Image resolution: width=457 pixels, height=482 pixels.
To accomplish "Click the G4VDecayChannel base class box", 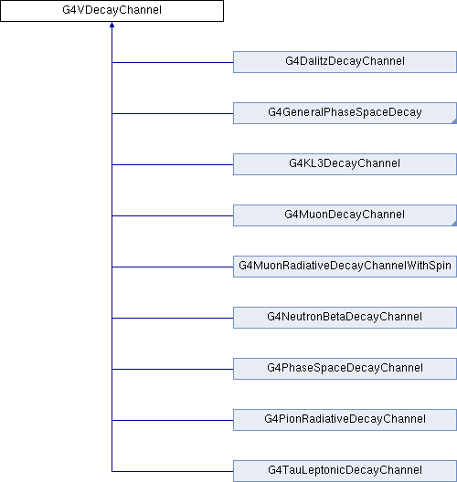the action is [x=112, y=11].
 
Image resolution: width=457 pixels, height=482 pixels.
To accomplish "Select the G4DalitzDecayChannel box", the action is [x=345, y=62].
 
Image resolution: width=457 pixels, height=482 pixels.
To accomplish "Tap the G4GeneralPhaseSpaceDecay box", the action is [x=345, y=113].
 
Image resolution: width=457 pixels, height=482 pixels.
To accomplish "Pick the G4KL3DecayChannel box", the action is [x=345, y=164].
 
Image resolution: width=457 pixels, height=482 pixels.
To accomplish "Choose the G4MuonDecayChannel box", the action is [x=345, y=215].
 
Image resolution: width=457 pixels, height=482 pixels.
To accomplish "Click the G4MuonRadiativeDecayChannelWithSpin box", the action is [x=345, y=267].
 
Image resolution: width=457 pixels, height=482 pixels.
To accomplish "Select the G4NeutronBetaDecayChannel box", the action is [x=345, y=318].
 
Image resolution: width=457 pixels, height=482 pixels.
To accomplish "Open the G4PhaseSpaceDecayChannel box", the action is [x=345, y=369].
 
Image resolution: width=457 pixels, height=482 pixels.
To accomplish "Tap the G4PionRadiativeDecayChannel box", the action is [x=345, y=420].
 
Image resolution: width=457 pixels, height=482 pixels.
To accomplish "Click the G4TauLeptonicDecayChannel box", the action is [x=345, y=471].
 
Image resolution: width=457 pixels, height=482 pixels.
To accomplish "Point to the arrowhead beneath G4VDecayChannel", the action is [x=112, y=25].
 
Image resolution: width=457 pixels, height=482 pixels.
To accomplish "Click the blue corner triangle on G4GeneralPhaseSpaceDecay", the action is [x=454, y=121].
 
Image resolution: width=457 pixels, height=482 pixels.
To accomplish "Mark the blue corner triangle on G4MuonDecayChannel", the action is [x=454, y=224].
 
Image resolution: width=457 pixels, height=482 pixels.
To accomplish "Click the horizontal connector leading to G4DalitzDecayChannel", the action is [x=173, y=62].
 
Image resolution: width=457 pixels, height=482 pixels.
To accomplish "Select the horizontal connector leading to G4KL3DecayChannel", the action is [x=173, y=164].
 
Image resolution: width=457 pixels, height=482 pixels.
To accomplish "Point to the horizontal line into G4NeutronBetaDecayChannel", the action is [x=173, y=318].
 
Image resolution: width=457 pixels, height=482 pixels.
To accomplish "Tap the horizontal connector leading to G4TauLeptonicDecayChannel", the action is [x=173, y=471].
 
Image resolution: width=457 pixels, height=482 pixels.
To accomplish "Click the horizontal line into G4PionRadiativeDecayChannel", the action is [x=173, y=420].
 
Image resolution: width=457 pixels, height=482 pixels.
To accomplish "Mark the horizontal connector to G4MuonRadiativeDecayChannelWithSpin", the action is [x=173, y=267].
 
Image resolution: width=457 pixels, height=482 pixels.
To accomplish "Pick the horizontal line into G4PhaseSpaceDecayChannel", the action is [x=173, y=369].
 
